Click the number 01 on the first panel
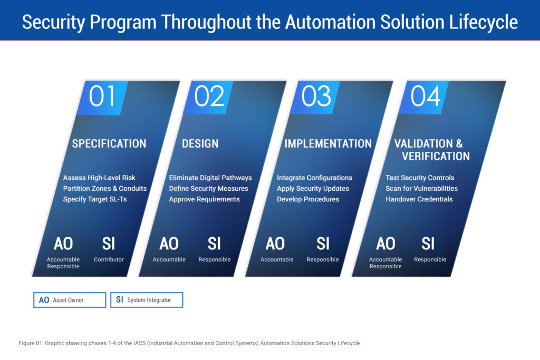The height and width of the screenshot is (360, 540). tap(102, 96)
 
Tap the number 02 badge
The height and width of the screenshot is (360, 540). tap(209, 96)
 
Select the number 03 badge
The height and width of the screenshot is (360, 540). tap(316, 96)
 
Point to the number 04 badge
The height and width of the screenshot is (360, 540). tap(426, 96)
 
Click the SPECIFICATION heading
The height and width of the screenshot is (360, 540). tap(109, 143)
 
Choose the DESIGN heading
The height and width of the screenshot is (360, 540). tap(200, 143)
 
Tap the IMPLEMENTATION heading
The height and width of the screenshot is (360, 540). tap(328, 143)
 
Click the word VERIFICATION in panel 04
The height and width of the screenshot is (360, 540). tap(436, 156)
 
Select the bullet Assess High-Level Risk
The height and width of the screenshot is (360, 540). tap(99, 178)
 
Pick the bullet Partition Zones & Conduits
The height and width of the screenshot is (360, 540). tap(105, 188)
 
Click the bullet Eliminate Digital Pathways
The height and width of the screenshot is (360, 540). tap(210, 178)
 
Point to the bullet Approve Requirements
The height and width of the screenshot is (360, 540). tap(204, 199)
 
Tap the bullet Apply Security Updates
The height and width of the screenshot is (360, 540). tap(313, 188)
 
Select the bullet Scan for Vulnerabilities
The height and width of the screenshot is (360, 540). tap(421, 188)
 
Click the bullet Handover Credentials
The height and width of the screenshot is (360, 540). tap(419, 199)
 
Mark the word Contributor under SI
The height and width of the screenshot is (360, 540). tap(109, 259)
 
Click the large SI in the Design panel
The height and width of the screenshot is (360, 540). tap(214, 244)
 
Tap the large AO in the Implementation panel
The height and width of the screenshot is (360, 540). tap(275, 244)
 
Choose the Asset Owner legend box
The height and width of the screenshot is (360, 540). tap(70, 300)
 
